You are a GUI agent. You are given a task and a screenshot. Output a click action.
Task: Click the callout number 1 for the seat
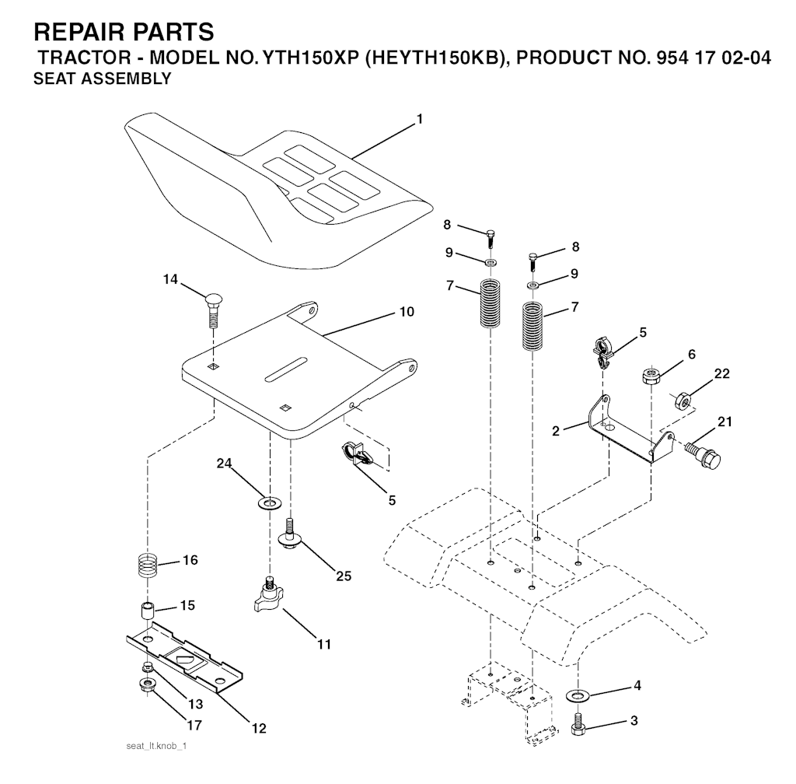click(x=419, y=119)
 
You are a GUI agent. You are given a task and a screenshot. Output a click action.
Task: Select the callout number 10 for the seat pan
click(x=407, y=311)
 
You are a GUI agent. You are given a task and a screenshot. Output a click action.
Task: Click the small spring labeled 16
click(x=148, y=565)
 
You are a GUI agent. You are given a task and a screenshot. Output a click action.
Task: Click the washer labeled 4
click(x=576, y=695)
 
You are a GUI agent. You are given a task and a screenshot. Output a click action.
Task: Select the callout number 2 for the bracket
click(x=555, y=431)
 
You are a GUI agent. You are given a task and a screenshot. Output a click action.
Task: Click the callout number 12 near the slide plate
click(x=259, y=728)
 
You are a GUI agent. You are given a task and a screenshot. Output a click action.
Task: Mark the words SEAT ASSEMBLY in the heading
click(x=102, y=79)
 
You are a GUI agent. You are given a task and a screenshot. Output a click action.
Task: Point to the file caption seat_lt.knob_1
click(x=156, y=746)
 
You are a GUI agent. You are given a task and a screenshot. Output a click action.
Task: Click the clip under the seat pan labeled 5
click(x=358, y=453)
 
